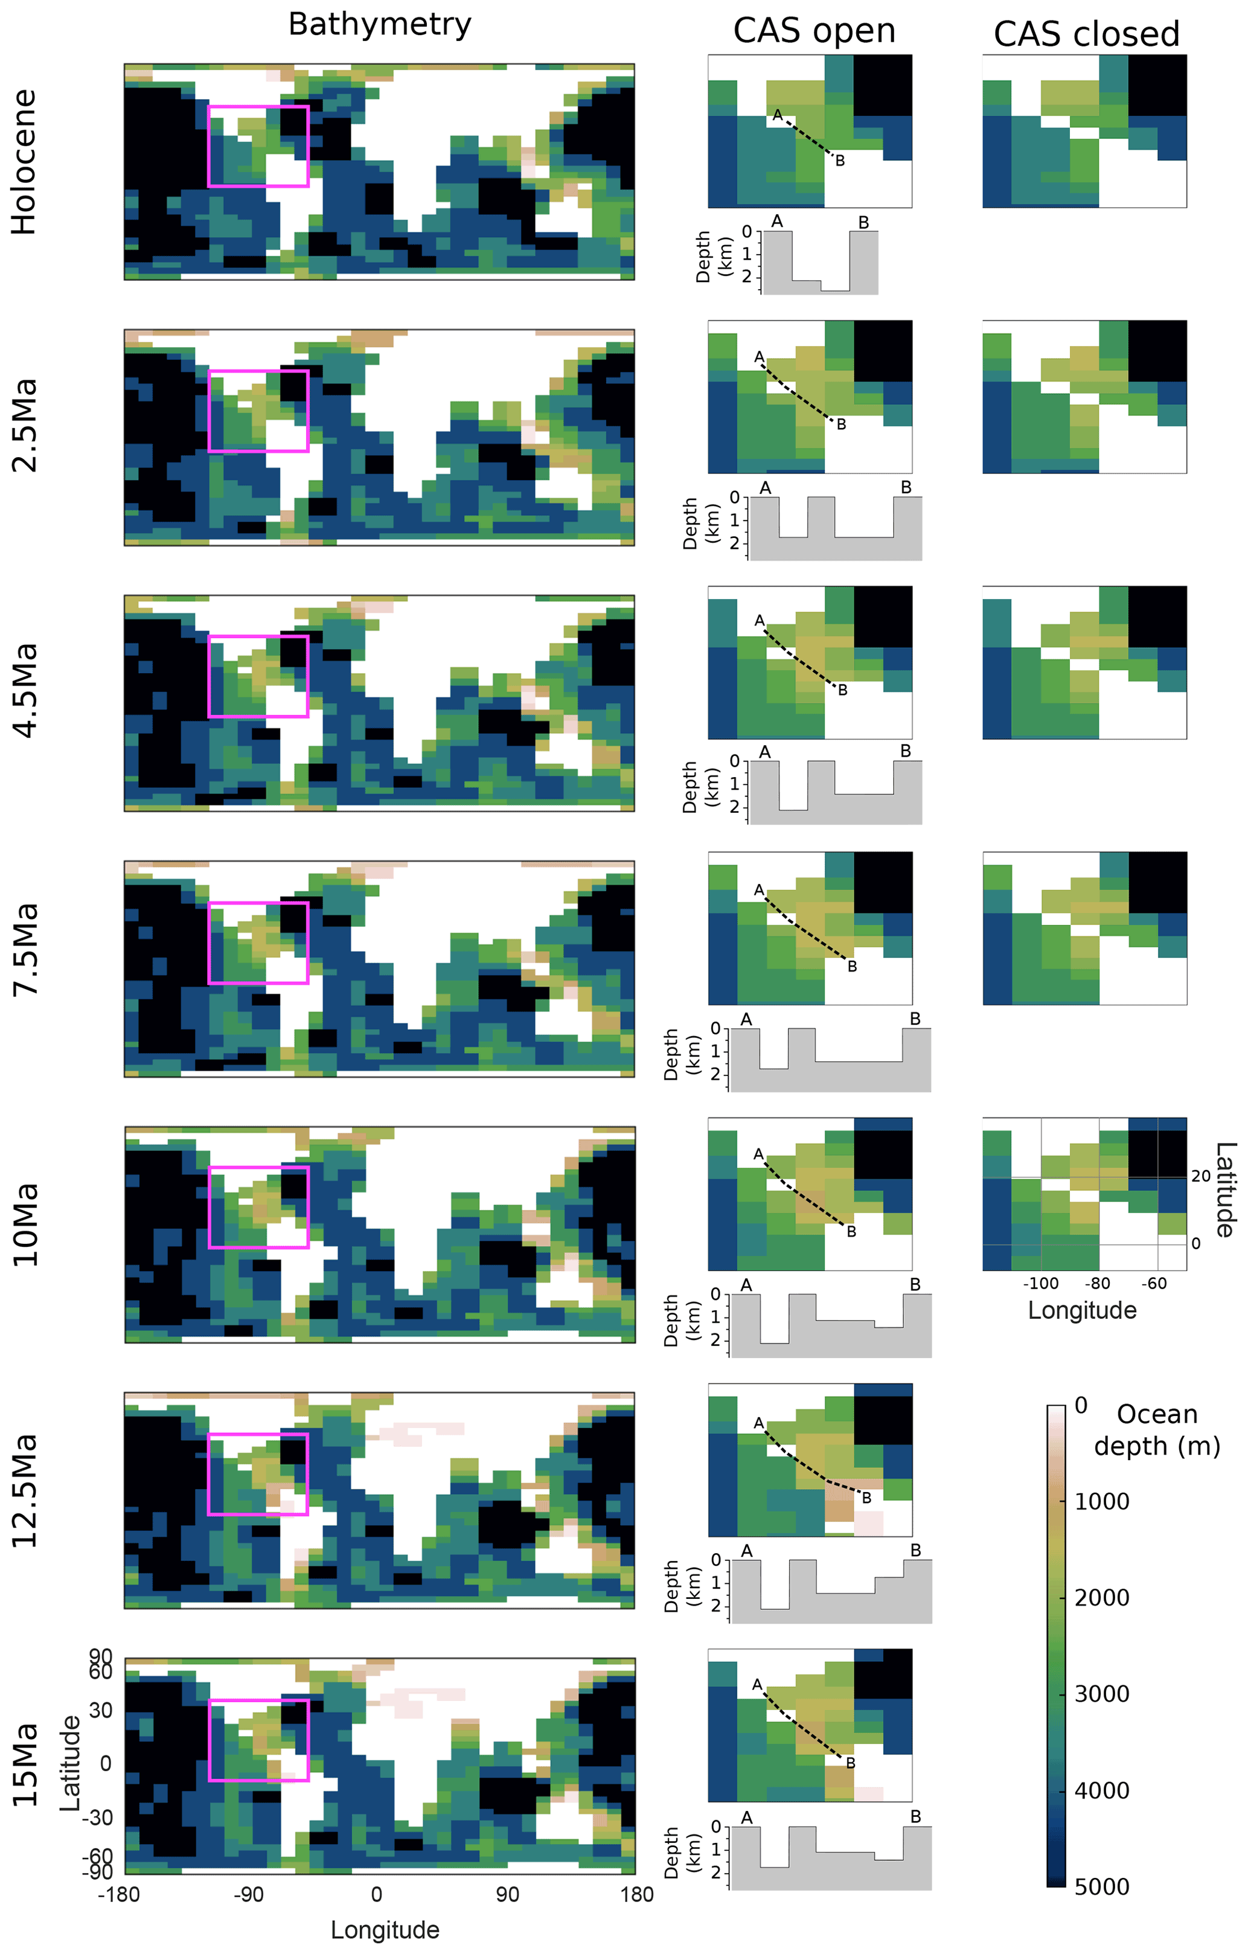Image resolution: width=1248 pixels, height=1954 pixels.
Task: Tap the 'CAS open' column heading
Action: [x=814, y=31]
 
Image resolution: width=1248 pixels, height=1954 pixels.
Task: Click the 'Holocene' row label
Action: [x=24, y=162]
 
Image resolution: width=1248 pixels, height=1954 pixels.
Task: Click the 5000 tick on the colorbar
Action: [x=1101, y=1886]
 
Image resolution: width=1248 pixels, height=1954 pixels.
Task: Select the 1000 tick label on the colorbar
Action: [x=1101, y=1501]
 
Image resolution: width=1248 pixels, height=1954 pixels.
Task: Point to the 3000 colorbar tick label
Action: [x=1101, y=1694]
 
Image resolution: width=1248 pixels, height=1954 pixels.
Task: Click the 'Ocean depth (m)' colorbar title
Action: [x=1156, y=1430]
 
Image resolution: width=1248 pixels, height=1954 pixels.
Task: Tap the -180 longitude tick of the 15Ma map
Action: [x=118, y=1894]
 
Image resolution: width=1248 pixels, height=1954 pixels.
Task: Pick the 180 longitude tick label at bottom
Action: [x=637, y=1894]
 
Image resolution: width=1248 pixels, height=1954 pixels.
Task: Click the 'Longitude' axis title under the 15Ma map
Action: [x=385, y=1930]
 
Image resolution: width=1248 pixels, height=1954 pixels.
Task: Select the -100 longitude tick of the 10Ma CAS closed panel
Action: [x=1040, y=1283]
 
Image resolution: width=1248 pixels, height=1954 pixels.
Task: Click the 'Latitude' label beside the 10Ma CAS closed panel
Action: [x=1224, y=1189]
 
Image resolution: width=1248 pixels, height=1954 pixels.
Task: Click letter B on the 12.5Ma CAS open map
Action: [x=866, y=1498]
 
